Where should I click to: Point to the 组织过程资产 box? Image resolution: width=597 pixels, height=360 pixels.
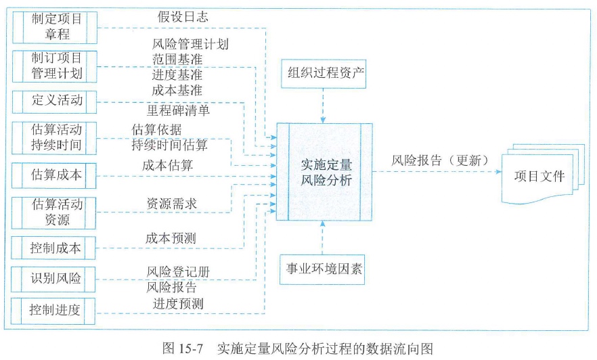(x=324, y=73)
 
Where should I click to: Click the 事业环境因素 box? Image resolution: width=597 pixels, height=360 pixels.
(x=324, y=269)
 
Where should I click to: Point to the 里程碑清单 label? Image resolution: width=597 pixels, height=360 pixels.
(x=179, y=109)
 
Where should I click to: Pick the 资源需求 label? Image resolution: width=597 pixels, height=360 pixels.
(x=172, y=202)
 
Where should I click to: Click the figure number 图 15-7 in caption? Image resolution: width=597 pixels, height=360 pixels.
(x=184, y=348)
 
